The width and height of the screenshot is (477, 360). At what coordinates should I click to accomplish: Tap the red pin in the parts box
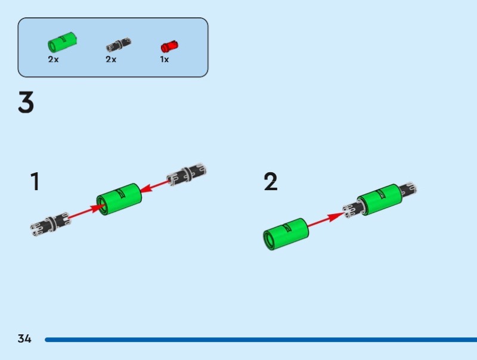tap(169, 45)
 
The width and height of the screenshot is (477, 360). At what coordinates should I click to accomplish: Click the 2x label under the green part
tap(54, 60)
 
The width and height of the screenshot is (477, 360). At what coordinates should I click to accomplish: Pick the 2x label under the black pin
tap(111, 60)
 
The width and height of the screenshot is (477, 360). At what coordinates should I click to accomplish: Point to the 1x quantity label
tap(165, 60)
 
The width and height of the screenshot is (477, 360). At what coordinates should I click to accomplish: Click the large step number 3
tap(26, 103)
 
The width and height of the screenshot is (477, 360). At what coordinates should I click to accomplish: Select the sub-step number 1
tap(35, 182)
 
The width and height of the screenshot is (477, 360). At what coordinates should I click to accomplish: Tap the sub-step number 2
tap(271, 182)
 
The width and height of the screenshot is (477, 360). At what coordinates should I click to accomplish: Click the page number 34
tap(24, 339)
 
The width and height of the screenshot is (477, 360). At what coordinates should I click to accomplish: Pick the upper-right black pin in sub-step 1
tap(187, 174)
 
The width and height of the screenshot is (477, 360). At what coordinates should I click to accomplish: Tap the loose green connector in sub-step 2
tap(284, 234)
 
